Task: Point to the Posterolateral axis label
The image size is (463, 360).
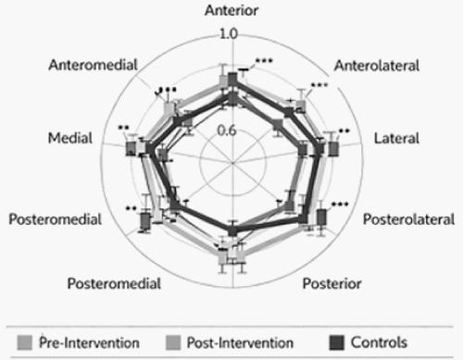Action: [408, 220]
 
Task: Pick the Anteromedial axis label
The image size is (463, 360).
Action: [93, 66]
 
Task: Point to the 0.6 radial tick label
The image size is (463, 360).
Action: [229, 130]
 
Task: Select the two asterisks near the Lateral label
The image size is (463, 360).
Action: [344, 131]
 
